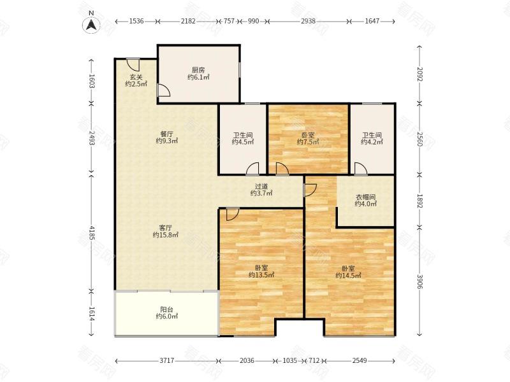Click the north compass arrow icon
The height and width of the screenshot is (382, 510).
pyautogui.click(x=92, y=25)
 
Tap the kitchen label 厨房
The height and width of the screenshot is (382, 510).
pyautogui.click(x=198, y=70)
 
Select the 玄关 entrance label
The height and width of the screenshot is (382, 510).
pyautogui.click(x=136, y=77)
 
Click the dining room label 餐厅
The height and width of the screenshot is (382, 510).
pyautogui.click(x=166, y=134)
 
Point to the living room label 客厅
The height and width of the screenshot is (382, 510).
pyautogui.click(x=166, y=228)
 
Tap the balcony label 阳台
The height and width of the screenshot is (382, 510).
pyautogui.click(x=166, y=309)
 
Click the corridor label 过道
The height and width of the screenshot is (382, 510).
pyautogui.click(x=261, y=187)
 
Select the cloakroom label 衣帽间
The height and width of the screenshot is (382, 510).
pyautogui.click(x=365, y=197)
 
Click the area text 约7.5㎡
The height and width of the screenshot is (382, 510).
pyautogui.click(x=308, y=142)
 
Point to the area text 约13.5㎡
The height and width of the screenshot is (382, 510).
pyautogui.click(x=261, y=275)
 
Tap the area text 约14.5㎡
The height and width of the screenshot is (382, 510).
pyautogui.click(x=348, y=276)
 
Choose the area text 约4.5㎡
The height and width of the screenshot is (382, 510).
pyautogui.click(x=243, y=142)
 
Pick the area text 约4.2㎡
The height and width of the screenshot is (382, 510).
pyautogui.click(x=372, y=142)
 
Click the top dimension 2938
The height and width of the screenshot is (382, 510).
pyautogui.click(x=308, y=21)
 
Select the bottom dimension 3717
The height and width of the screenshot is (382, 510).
pyautogui.click(x=167, y=360)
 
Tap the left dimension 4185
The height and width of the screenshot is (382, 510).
pyautogui.click(x=91, y=233)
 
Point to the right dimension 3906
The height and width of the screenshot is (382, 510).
pyautogui.click(x=419, y=281)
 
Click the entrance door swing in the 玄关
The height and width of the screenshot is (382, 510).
pyautogui.click(x=133, y=65)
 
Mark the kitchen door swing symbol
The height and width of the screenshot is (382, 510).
pyautogui.click(x=164, y=90)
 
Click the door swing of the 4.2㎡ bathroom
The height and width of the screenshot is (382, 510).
pyautogui.click(x=361, y=169)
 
